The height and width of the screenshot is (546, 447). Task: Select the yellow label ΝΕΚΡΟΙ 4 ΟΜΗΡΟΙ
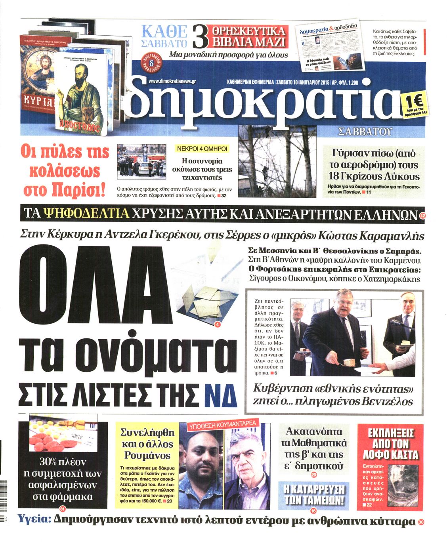click(x=202, y=149)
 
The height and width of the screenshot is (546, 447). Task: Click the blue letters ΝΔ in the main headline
click(x=222, y=394)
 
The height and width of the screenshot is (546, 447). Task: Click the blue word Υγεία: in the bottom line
click(x=35, y=519)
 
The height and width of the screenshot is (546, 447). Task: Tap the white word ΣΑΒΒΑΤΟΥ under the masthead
click(x=364, y=132)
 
